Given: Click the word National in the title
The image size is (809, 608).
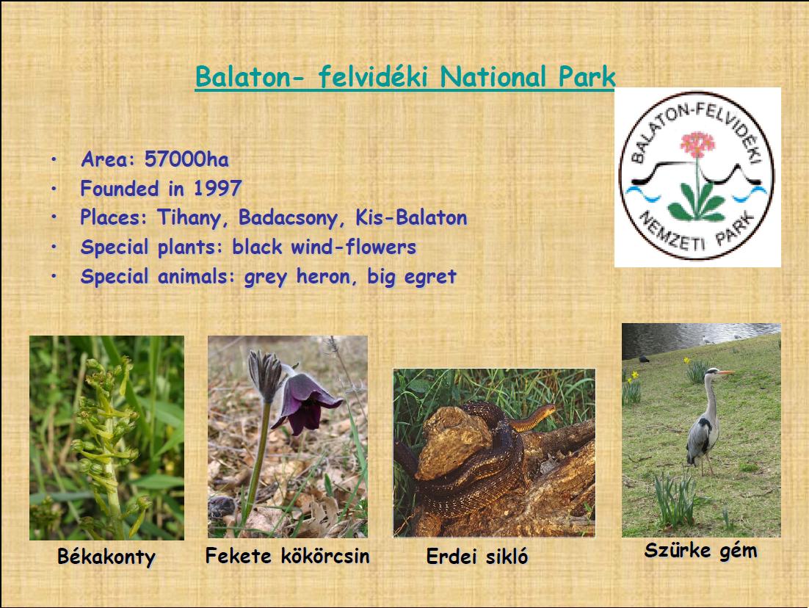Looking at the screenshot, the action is [x=493, y=77].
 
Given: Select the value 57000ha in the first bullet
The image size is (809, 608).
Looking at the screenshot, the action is [x=186, y=159].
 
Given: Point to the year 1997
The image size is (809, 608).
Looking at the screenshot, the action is [x=217, y=189].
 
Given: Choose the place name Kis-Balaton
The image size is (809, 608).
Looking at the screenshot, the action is [x=411, y=217].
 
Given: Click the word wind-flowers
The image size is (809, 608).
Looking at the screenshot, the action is [x=353, y=247].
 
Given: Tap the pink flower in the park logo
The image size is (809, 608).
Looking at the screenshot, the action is [x=697, y=144].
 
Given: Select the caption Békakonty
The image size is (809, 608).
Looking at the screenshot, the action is [x=106, y=557].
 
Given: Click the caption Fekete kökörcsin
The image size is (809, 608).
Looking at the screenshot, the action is [x=287, y=556].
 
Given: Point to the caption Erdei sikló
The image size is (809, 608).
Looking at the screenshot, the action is [x=476, y=557].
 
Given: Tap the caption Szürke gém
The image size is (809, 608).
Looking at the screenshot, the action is [x=700, y=551].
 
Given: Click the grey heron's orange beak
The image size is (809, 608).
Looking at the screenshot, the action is [x=726, y=372].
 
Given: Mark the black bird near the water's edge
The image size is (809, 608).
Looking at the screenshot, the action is [x=643, y=359].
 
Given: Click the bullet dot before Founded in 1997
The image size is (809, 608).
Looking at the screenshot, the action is [x=54, y=189].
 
